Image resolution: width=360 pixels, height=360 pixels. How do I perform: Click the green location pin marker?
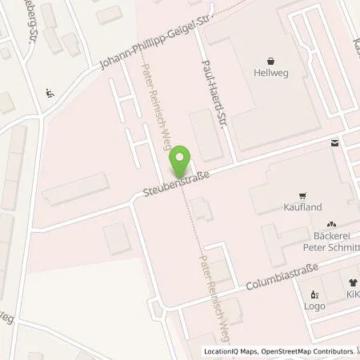tap(181, 162)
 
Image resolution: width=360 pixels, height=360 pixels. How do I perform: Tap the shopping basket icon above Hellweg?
tap(272, 61)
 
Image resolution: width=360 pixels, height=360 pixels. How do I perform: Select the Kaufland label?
tap(302, 207)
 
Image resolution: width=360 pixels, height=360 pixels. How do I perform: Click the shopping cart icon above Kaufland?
tap(302, 195)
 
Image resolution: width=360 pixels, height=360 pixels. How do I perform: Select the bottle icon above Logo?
tap(314, 294)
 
